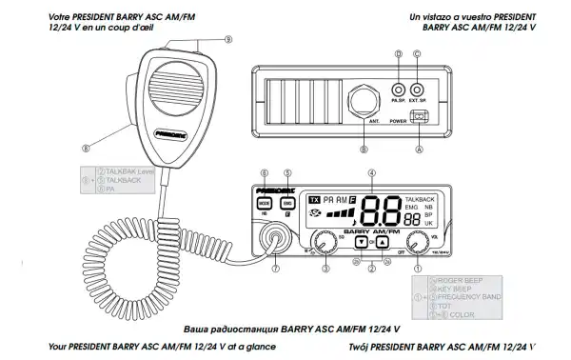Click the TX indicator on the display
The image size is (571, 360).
pos(315,200)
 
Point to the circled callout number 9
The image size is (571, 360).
pos(228,39)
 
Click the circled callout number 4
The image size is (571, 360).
pos(372,174)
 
